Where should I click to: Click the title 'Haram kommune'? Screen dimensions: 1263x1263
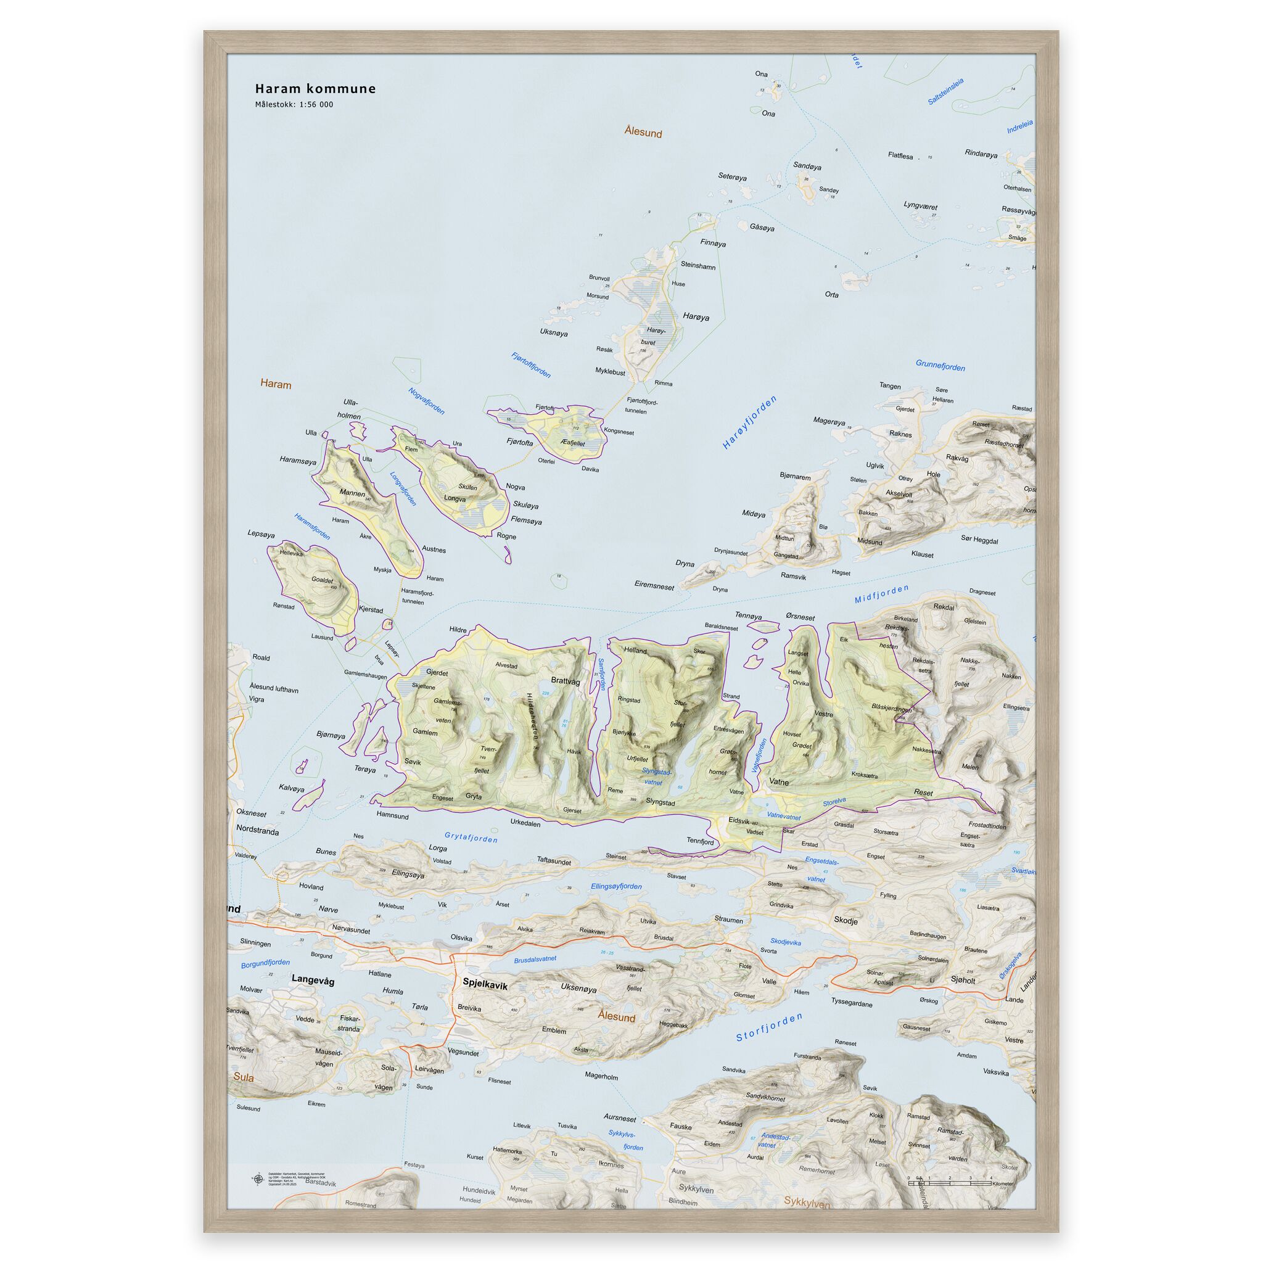(x=315, y=89)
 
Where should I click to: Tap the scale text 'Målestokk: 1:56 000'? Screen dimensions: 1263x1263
(x=294, y=105)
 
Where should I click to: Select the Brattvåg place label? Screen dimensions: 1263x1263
(x=566, y=681)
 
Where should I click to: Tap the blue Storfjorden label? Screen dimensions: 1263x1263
(x=769, y=1027)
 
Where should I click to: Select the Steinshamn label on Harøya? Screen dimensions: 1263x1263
(x=698, y=266)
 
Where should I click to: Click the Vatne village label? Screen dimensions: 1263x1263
(x=779, y=781)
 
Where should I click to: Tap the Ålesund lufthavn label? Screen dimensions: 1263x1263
(x=274, y=689)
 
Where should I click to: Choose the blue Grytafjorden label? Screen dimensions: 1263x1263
(x=471, y=837)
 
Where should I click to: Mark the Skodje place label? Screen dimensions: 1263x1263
(x=845, y=919)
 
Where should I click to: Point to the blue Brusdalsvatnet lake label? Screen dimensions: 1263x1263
(x=535, y=959)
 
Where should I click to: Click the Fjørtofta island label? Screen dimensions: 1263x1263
(x=520, y=443)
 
